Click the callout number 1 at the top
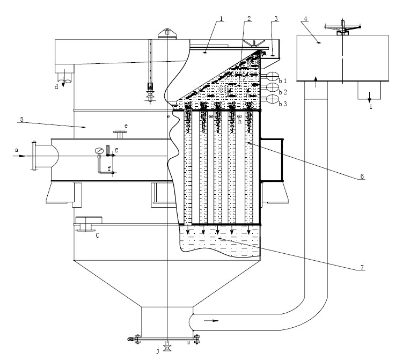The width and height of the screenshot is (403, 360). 221,19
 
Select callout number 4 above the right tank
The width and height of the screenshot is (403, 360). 305,19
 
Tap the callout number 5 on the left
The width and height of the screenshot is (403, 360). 22,119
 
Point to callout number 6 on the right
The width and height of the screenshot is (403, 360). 362,177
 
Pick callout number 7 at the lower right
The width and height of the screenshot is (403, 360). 362,268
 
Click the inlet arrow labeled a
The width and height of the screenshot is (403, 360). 19,156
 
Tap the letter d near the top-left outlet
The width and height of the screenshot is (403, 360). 56,87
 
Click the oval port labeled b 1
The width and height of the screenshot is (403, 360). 272,76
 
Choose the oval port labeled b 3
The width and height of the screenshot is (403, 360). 272,99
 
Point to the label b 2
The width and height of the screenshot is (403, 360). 283,92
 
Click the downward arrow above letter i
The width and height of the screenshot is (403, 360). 369,98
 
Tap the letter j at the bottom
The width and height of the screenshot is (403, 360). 158,350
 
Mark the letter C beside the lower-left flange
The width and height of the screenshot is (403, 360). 98,236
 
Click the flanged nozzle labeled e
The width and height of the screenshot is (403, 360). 120,135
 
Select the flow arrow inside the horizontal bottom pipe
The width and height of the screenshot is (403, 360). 211,320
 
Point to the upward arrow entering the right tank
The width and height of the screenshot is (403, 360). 316,82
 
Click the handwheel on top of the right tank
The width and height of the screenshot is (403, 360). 342,27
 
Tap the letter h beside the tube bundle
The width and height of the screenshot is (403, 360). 240,121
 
